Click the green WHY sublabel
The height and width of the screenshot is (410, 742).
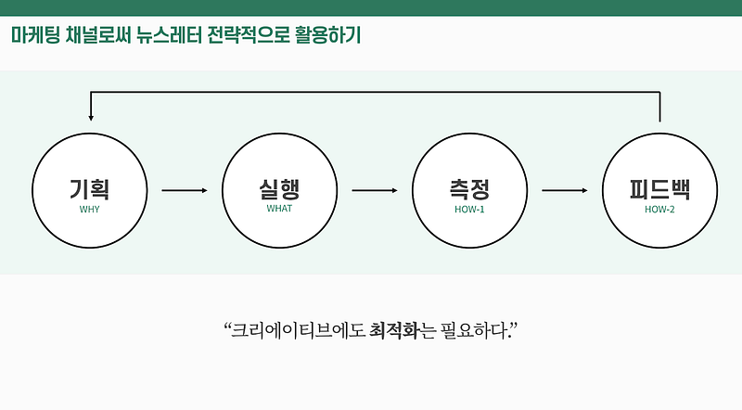point(89,209)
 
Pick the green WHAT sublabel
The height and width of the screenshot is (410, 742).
point(279,209)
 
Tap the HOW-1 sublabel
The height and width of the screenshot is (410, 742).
point(468,209)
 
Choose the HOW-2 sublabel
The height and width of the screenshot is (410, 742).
point(659,209)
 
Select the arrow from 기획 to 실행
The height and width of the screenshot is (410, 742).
point(185,191)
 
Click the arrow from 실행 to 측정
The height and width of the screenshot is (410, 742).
point(374,191)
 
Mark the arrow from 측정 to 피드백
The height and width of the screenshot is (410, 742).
point(564,191)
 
